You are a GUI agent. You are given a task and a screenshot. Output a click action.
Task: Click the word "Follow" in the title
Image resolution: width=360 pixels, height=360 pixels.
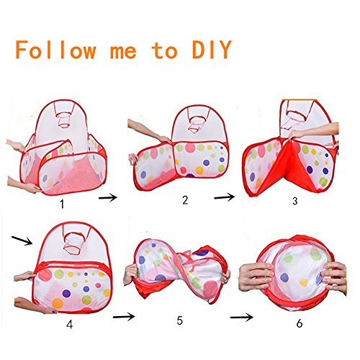tap(55, 50)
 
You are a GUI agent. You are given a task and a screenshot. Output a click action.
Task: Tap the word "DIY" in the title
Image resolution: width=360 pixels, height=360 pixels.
tap(212, 50)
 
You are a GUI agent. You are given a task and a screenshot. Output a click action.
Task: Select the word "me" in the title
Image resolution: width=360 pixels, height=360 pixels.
tap(123, 52)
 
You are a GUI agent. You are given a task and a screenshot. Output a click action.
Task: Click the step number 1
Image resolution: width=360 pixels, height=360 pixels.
tap(62, 204)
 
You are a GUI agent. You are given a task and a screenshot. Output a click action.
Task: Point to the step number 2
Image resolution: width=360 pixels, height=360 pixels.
tap(185, 200)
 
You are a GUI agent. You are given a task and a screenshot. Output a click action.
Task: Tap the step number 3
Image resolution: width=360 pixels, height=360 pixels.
tap(295, 201)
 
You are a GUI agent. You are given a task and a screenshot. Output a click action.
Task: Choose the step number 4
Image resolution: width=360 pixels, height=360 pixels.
tap(70, 325)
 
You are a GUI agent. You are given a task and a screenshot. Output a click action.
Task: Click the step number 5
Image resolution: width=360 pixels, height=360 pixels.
tap(180, 321)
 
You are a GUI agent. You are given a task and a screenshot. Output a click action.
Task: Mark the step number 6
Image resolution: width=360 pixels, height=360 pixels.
tap(300, 324)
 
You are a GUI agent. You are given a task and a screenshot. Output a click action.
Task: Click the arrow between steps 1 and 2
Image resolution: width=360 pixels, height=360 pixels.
tap(108, 198)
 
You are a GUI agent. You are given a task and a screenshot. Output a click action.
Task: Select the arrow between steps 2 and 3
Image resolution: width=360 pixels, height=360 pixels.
tap(224, 197)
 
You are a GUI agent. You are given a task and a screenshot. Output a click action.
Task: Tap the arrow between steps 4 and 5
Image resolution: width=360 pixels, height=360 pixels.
tap(124, 317)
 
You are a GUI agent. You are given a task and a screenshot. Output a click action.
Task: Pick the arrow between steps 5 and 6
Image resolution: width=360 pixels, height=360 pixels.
tap(241, 318)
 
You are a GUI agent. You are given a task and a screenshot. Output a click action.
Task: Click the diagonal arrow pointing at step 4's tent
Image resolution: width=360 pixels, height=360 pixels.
tap(22, 240)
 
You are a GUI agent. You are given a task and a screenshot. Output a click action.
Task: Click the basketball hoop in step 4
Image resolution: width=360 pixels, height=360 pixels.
tap(73, 243)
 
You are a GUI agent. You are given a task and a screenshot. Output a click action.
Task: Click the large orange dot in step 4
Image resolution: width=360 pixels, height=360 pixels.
tap(58, 303)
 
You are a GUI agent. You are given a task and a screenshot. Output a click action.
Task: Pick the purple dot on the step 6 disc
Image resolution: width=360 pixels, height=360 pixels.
tap(284, 277)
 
